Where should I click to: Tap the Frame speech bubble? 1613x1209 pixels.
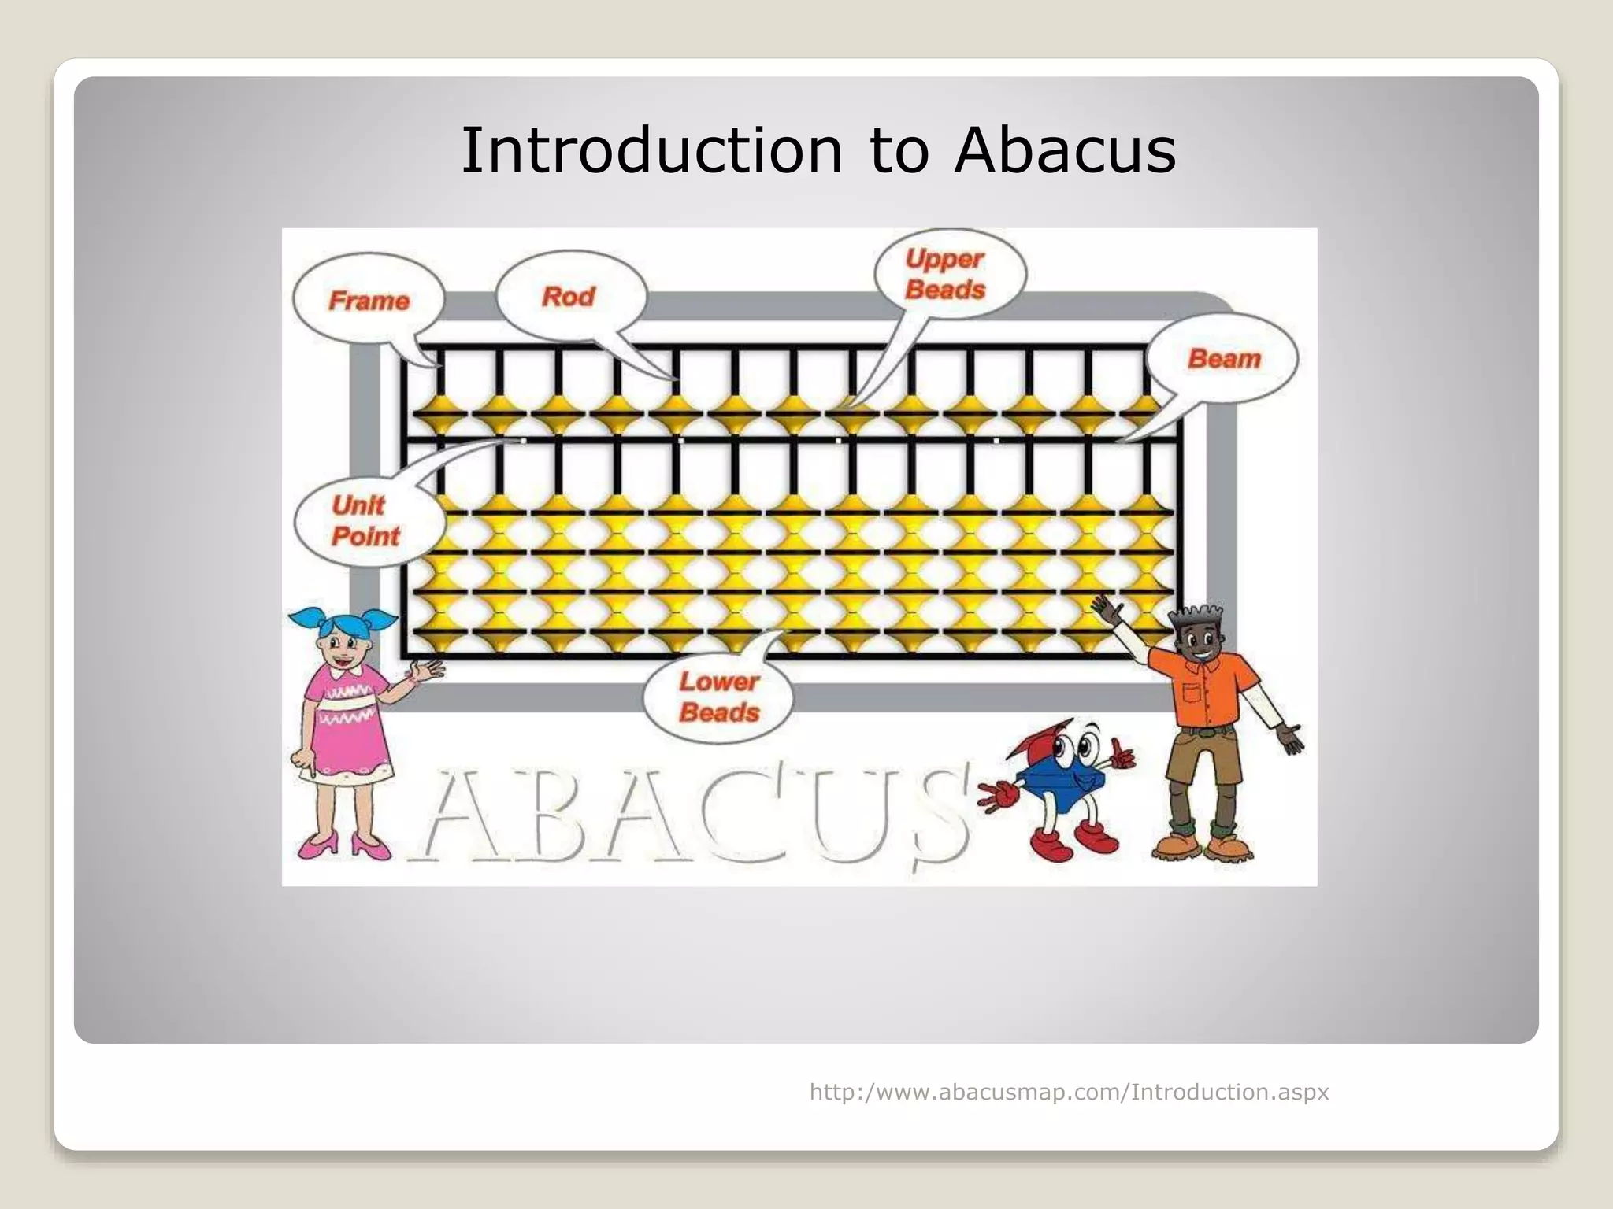(369, 300)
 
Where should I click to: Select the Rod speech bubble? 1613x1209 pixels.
(569, 297)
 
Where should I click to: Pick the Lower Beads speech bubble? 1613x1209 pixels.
(718, 697)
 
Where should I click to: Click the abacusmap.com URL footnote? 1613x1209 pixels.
(1069, 1092)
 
